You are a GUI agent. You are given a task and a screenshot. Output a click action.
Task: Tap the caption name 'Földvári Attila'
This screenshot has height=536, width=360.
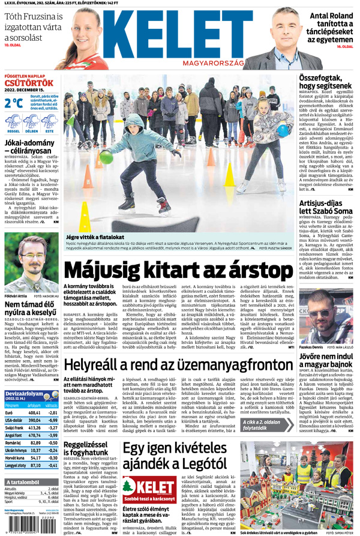point(16,296)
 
